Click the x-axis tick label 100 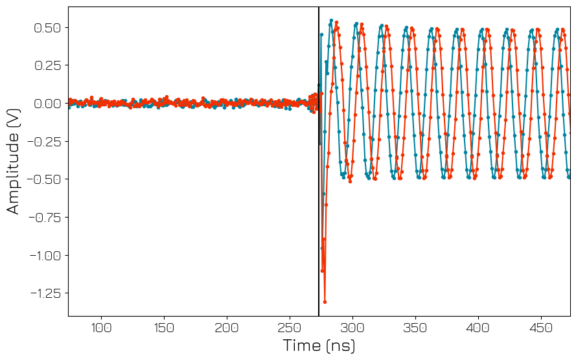pyautogui.click(x=100, y=328)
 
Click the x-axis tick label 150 pyautogui.click(x=164, y=328)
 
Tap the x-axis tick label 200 pyautogui.click(x=227, y=328)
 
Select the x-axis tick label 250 pyautogui.click(x=290, y=328)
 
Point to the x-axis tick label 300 pyautogui.click(x=352, y=328)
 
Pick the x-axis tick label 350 pyautogui.click(x=415, y=328)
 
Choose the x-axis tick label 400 pyautogui.click(x=478, y=328)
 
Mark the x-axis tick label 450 pyautogui.click(x=541, y=328)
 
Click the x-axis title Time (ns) pyautogui.click(x=319, y=346)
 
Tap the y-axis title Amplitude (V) pyautogui.click(x=14, y=161)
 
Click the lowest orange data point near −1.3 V pyautogui.click(x=325, y=302)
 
